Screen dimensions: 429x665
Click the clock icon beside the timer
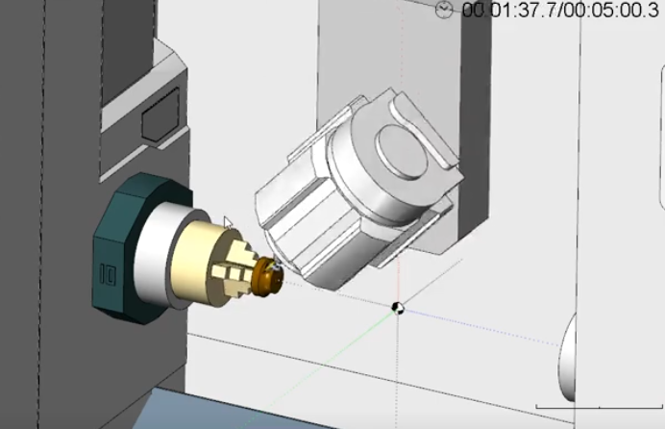(444, 10)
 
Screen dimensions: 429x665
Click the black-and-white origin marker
(397, 308)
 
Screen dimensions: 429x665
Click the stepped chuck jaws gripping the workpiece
(236, 272)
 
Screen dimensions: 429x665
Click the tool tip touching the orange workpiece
(275, 264)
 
